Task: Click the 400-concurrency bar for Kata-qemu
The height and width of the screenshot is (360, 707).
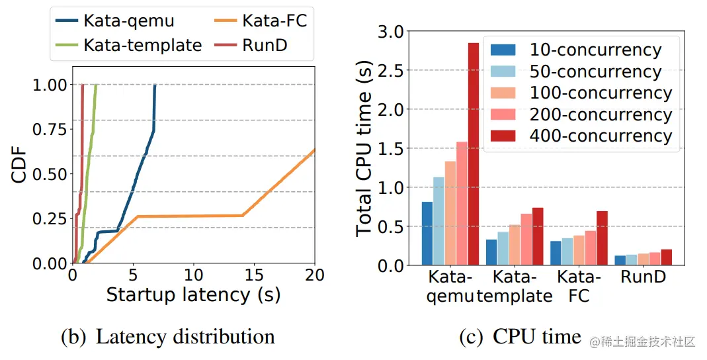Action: tap(473, 154)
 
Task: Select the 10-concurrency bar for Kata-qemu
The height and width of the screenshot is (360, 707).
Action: tap(427, 233)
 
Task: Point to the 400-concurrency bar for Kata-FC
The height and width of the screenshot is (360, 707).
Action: tap(601, 238)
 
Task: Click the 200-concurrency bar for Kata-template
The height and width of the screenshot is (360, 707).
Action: tap(526, 239)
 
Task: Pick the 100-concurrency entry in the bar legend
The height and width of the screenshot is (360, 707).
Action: tap(601, 93)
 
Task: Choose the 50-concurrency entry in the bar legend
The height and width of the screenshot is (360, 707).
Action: tap(595, 71)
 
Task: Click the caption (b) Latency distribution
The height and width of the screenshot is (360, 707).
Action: tap(167, 337)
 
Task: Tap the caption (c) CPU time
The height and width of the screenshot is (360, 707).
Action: tap(520, 337)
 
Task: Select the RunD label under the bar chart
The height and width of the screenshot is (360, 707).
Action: tap(643, 277)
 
